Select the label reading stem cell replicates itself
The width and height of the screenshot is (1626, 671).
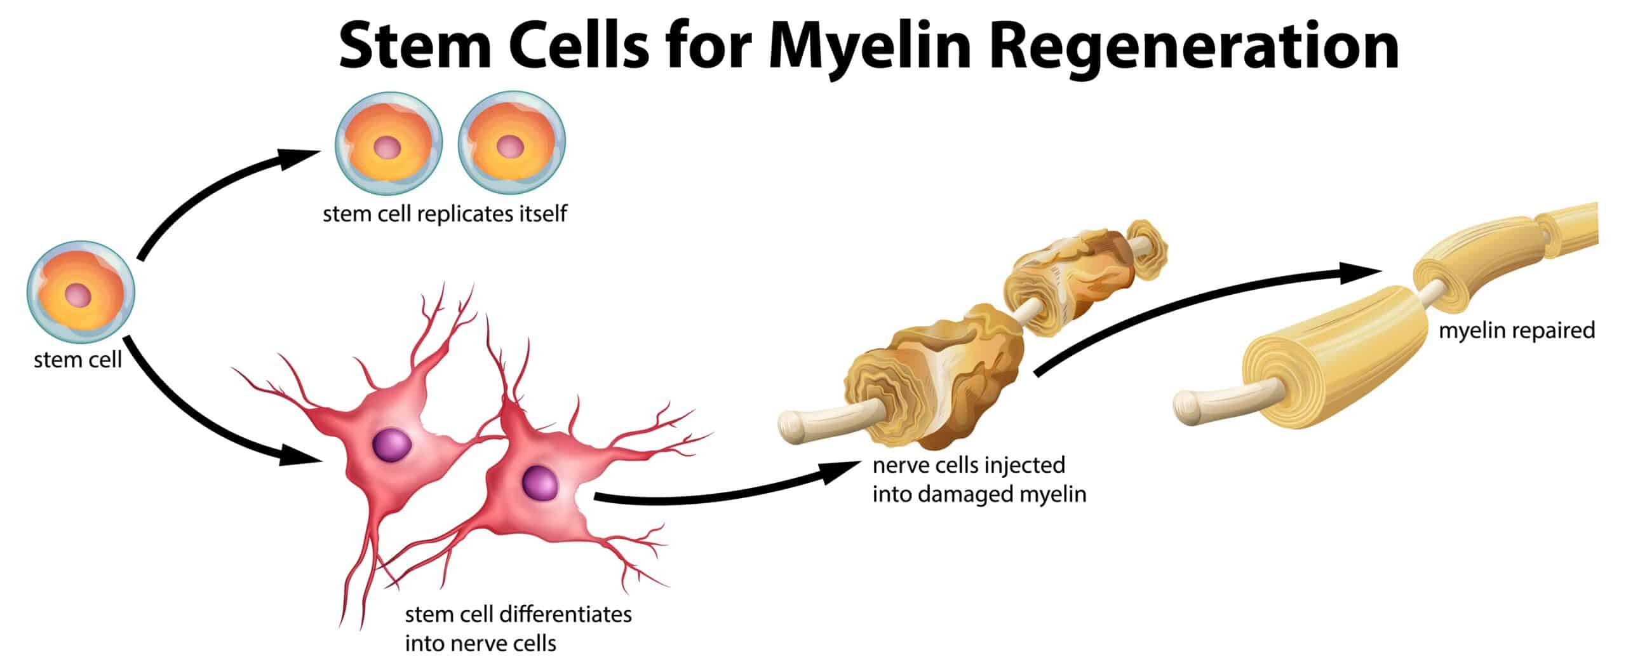pos(445,214)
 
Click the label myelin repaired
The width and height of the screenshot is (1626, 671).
pos(1516,331)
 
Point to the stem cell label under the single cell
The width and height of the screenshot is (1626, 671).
pos(77,360)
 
